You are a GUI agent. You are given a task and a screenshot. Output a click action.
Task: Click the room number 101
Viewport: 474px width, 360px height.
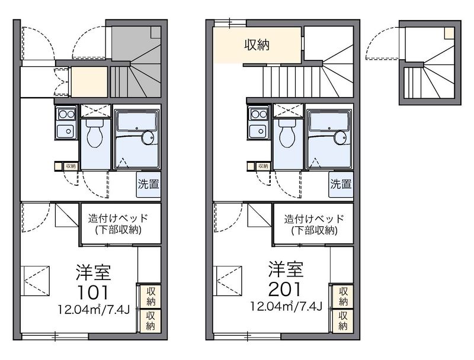(93, 292)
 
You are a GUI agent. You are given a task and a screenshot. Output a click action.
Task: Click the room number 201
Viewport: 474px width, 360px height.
(284, 289)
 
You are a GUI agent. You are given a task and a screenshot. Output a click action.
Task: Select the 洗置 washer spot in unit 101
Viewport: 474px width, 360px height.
(149, 184)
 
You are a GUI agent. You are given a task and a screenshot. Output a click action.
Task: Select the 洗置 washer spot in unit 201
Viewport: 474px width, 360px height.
(341, 184)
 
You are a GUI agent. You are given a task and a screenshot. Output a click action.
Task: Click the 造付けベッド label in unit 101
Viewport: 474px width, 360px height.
(118, 218)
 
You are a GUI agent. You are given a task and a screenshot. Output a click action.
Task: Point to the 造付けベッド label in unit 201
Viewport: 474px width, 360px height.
(314, 218)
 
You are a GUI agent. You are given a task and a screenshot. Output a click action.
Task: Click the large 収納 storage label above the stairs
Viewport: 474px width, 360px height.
(257, 46)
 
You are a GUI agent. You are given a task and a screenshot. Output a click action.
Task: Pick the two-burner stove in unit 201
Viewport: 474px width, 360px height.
(260, 114)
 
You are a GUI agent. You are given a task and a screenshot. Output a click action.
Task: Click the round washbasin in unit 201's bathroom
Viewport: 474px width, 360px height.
(341, 138)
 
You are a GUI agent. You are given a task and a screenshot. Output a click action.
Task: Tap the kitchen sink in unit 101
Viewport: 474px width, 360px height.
(66, 131)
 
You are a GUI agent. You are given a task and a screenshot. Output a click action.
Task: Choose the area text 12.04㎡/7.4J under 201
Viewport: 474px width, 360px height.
(286, 306)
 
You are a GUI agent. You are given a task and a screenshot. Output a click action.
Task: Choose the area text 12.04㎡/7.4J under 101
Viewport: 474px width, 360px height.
(94, 309)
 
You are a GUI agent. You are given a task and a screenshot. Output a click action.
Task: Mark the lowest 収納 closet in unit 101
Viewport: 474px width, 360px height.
(150, 321)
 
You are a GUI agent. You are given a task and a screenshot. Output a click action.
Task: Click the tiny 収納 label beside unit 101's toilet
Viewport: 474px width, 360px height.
(71, 166)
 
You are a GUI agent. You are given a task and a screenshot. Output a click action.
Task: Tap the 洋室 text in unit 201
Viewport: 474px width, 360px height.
(286, 269)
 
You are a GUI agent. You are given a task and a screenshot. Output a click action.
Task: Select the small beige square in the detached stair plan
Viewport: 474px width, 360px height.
(449, 33)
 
